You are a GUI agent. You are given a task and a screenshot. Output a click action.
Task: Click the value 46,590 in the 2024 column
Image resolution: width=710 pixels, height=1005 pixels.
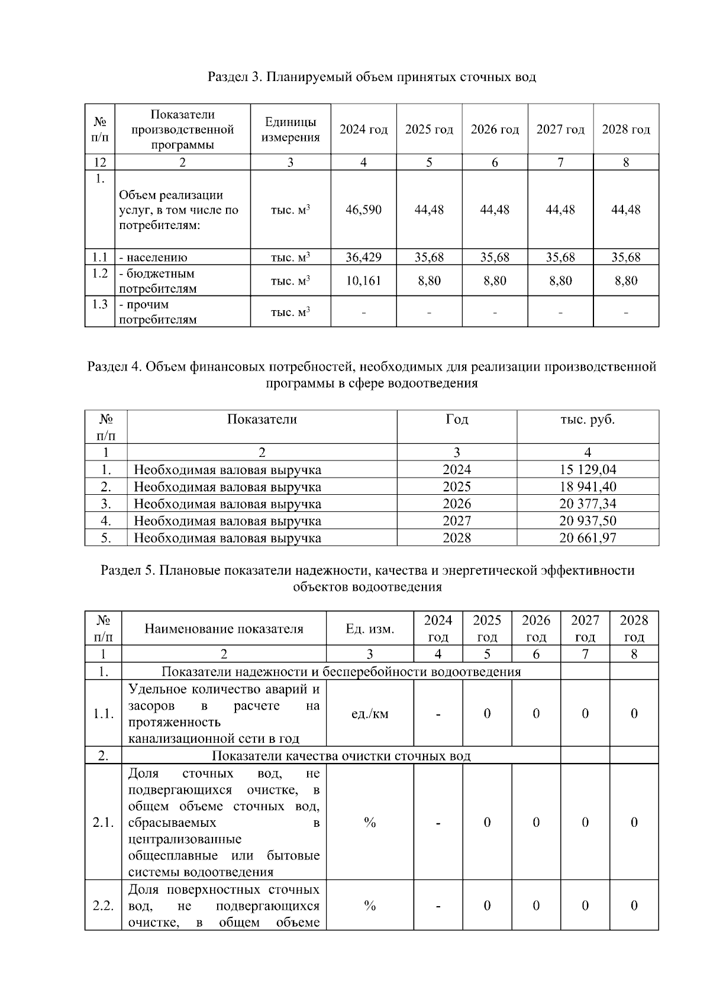point(363,210)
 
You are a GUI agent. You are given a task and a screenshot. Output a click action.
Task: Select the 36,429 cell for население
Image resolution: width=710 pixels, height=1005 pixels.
point(363,257)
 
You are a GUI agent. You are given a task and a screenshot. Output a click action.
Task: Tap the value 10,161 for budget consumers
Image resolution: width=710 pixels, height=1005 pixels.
point(363,281)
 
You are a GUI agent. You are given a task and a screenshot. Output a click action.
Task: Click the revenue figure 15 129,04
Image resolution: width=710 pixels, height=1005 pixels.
point(588,469)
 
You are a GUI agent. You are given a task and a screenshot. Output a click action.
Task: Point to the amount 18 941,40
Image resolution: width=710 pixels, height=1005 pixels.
point(588,487)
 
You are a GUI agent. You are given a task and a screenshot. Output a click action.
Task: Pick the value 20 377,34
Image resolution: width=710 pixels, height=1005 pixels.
point(588,504)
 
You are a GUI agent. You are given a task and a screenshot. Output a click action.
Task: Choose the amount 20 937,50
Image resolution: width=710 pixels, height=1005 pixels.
point(588,521)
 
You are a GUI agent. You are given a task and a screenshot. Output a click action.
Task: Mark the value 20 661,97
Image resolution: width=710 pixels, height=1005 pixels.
point(588,538)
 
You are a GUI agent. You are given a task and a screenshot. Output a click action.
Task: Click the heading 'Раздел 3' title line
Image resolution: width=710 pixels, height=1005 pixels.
point(372,77)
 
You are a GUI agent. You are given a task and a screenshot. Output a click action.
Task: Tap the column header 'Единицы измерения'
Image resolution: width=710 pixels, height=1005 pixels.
point(290,130)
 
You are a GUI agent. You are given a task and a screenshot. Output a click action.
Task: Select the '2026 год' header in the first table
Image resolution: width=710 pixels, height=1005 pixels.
point(495,130)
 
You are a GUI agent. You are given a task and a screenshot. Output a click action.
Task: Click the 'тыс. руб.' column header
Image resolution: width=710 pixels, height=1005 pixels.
point(588,420)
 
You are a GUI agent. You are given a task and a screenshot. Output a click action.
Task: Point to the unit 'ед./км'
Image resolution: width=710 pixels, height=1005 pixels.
point(370,714)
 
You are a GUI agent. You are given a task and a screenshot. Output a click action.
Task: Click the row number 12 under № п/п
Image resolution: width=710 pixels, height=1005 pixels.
point(99,162)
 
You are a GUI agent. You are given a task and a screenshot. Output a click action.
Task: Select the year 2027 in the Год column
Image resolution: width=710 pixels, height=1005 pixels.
point(457,521)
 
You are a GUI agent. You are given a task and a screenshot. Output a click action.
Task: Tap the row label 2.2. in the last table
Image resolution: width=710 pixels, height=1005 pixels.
point(103,906)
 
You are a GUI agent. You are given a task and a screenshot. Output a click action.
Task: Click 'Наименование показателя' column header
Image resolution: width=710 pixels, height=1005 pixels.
point(224,629)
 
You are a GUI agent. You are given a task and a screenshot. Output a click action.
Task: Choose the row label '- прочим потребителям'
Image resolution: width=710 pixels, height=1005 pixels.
point(157,312)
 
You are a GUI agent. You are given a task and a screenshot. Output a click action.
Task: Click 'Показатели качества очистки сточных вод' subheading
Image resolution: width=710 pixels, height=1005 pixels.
point(341,756)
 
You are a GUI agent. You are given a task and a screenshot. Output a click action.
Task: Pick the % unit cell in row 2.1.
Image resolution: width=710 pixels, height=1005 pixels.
point(370,822)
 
